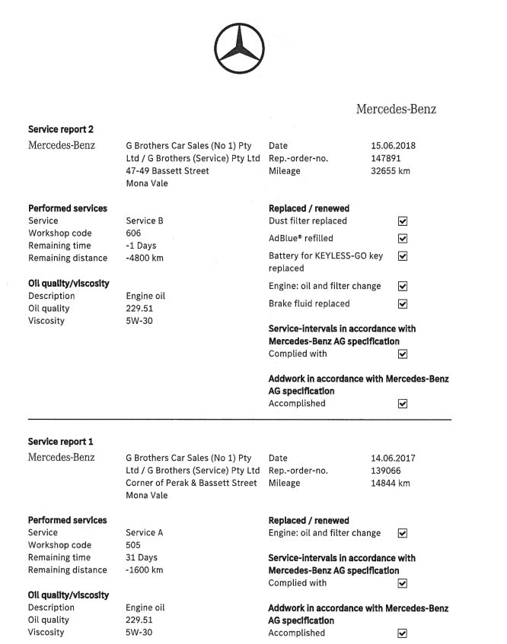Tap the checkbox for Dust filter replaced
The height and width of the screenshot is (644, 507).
(403, 221)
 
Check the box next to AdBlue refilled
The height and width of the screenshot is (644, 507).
(403, 239)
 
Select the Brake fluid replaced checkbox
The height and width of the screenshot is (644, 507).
(403, 304)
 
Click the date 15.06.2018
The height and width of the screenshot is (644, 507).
(393, 145)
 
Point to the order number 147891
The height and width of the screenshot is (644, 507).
(385, 158)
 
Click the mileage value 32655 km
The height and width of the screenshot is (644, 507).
(390, 171)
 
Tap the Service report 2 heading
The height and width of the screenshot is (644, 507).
(61, 129)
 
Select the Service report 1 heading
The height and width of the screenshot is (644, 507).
(61, 442)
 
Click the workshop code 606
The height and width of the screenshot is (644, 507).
(133, 233)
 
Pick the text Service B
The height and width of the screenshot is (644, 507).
(145, 221)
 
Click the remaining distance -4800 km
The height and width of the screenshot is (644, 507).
(145, 258)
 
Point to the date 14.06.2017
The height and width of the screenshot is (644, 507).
(393, 458)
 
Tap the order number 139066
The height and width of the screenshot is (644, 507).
(385, 471)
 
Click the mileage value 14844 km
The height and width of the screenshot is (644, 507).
(390, 483)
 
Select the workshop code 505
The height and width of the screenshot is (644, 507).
(133, 545)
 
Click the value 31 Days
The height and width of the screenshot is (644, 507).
(141, 557)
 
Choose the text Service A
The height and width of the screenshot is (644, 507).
(145, 533)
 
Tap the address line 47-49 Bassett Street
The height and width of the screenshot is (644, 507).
(167, 171)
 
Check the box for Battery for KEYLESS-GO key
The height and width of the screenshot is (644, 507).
(403, 256)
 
